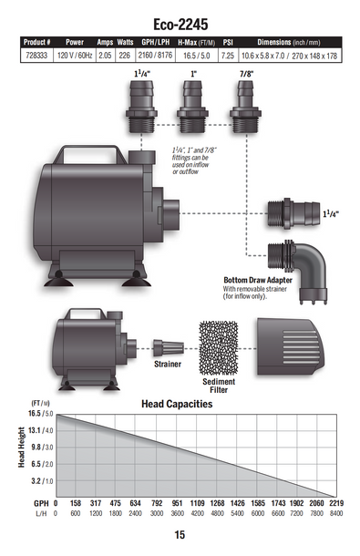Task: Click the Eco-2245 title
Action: click(x=180, y=25)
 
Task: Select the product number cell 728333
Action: click(x=36, y=56)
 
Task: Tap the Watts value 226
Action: click(x=125, y=56)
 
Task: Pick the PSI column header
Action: click(x=228, y=42)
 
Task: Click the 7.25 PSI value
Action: click(x=228, y=56)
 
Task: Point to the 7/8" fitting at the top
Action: click(x=245, y=107)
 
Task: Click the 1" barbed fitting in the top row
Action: click(x=192, y=107)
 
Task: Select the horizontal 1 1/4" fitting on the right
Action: click(x=293, y=214)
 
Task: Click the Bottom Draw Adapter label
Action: click(x=258, y=280)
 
